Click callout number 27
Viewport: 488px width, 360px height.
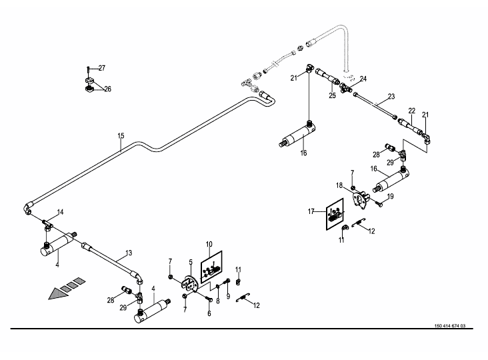(102, 68)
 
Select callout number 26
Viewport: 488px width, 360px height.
(107, 89)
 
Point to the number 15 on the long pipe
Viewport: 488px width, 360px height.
(121, 136)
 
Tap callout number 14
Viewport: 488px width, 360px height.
(60, 212)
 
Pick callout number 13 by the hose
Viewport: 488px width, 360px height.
(129, 254)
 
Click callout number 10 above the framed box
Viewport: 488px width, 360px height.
(209, 245)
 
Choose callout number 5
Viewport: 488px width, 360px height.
(190, 262)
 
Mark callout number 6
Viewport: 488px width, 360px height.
(209, 313)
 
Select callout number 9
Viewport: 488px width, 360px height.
(228, 296)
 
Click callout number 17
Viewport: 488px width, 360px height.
(311, 212)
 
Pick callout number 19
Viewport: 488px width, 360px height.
(391, 196)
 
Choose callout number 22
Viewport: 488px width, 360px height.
(412, 111)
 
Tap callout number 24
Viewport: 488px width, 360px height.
(363, 79)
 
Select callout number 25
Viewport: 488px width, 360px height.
(331, 95)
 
